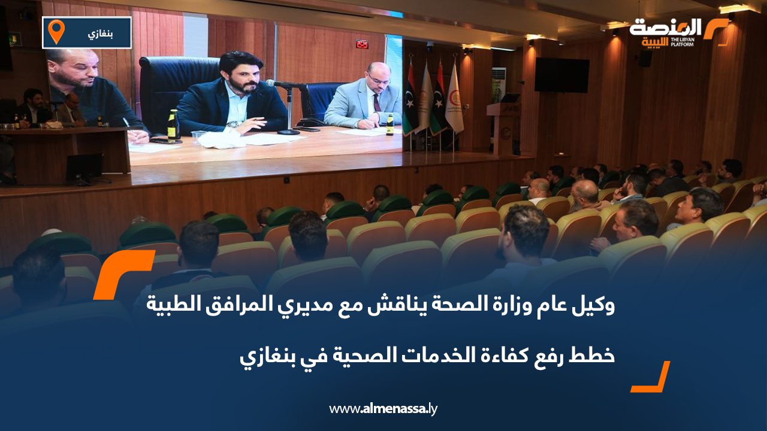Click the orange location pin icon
click(56, 31)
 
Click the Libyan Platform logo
click(678, 32)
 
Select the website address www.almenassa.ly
click(383, 409)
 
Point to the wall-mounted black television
click(561, 75)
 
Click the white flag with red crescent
click(454, 99)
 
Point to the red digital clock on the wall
click(361, 43)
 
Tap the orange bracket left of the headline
click(119, 272)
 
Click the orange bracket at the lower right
click(653, 378)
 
